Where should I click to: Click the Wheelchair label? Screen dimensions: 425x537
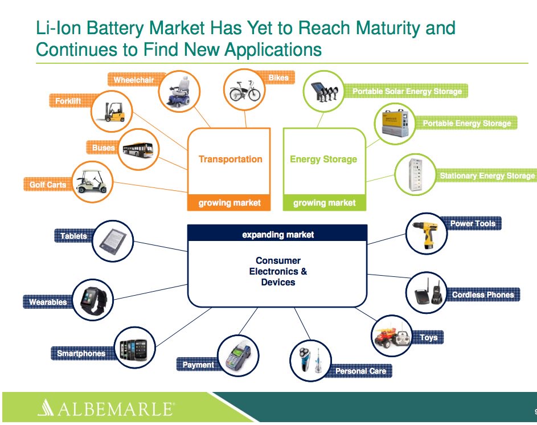134,80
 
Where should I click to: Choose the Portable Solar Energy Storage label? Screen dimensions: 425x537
407,91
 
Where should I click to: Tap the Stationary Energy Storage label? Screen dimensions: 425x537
487,176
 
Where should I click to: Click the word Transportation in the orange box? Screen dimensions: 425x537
230,159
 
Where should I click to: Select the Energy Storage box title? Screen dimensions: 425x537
323,159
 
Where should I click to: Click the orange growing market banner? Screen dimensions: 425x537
229,203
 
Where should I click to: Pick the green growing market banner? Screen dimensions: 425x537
324,203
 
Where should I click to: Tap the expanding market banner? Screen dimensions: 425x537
277,234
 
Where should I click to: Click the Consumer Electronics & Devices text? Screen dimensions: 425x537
278,271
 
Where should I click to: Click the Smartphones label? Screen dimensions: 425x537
81,353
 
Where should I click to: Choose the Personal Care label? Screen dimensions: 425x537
360,371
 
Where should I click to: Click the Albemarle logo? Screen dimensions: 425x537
105,408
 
